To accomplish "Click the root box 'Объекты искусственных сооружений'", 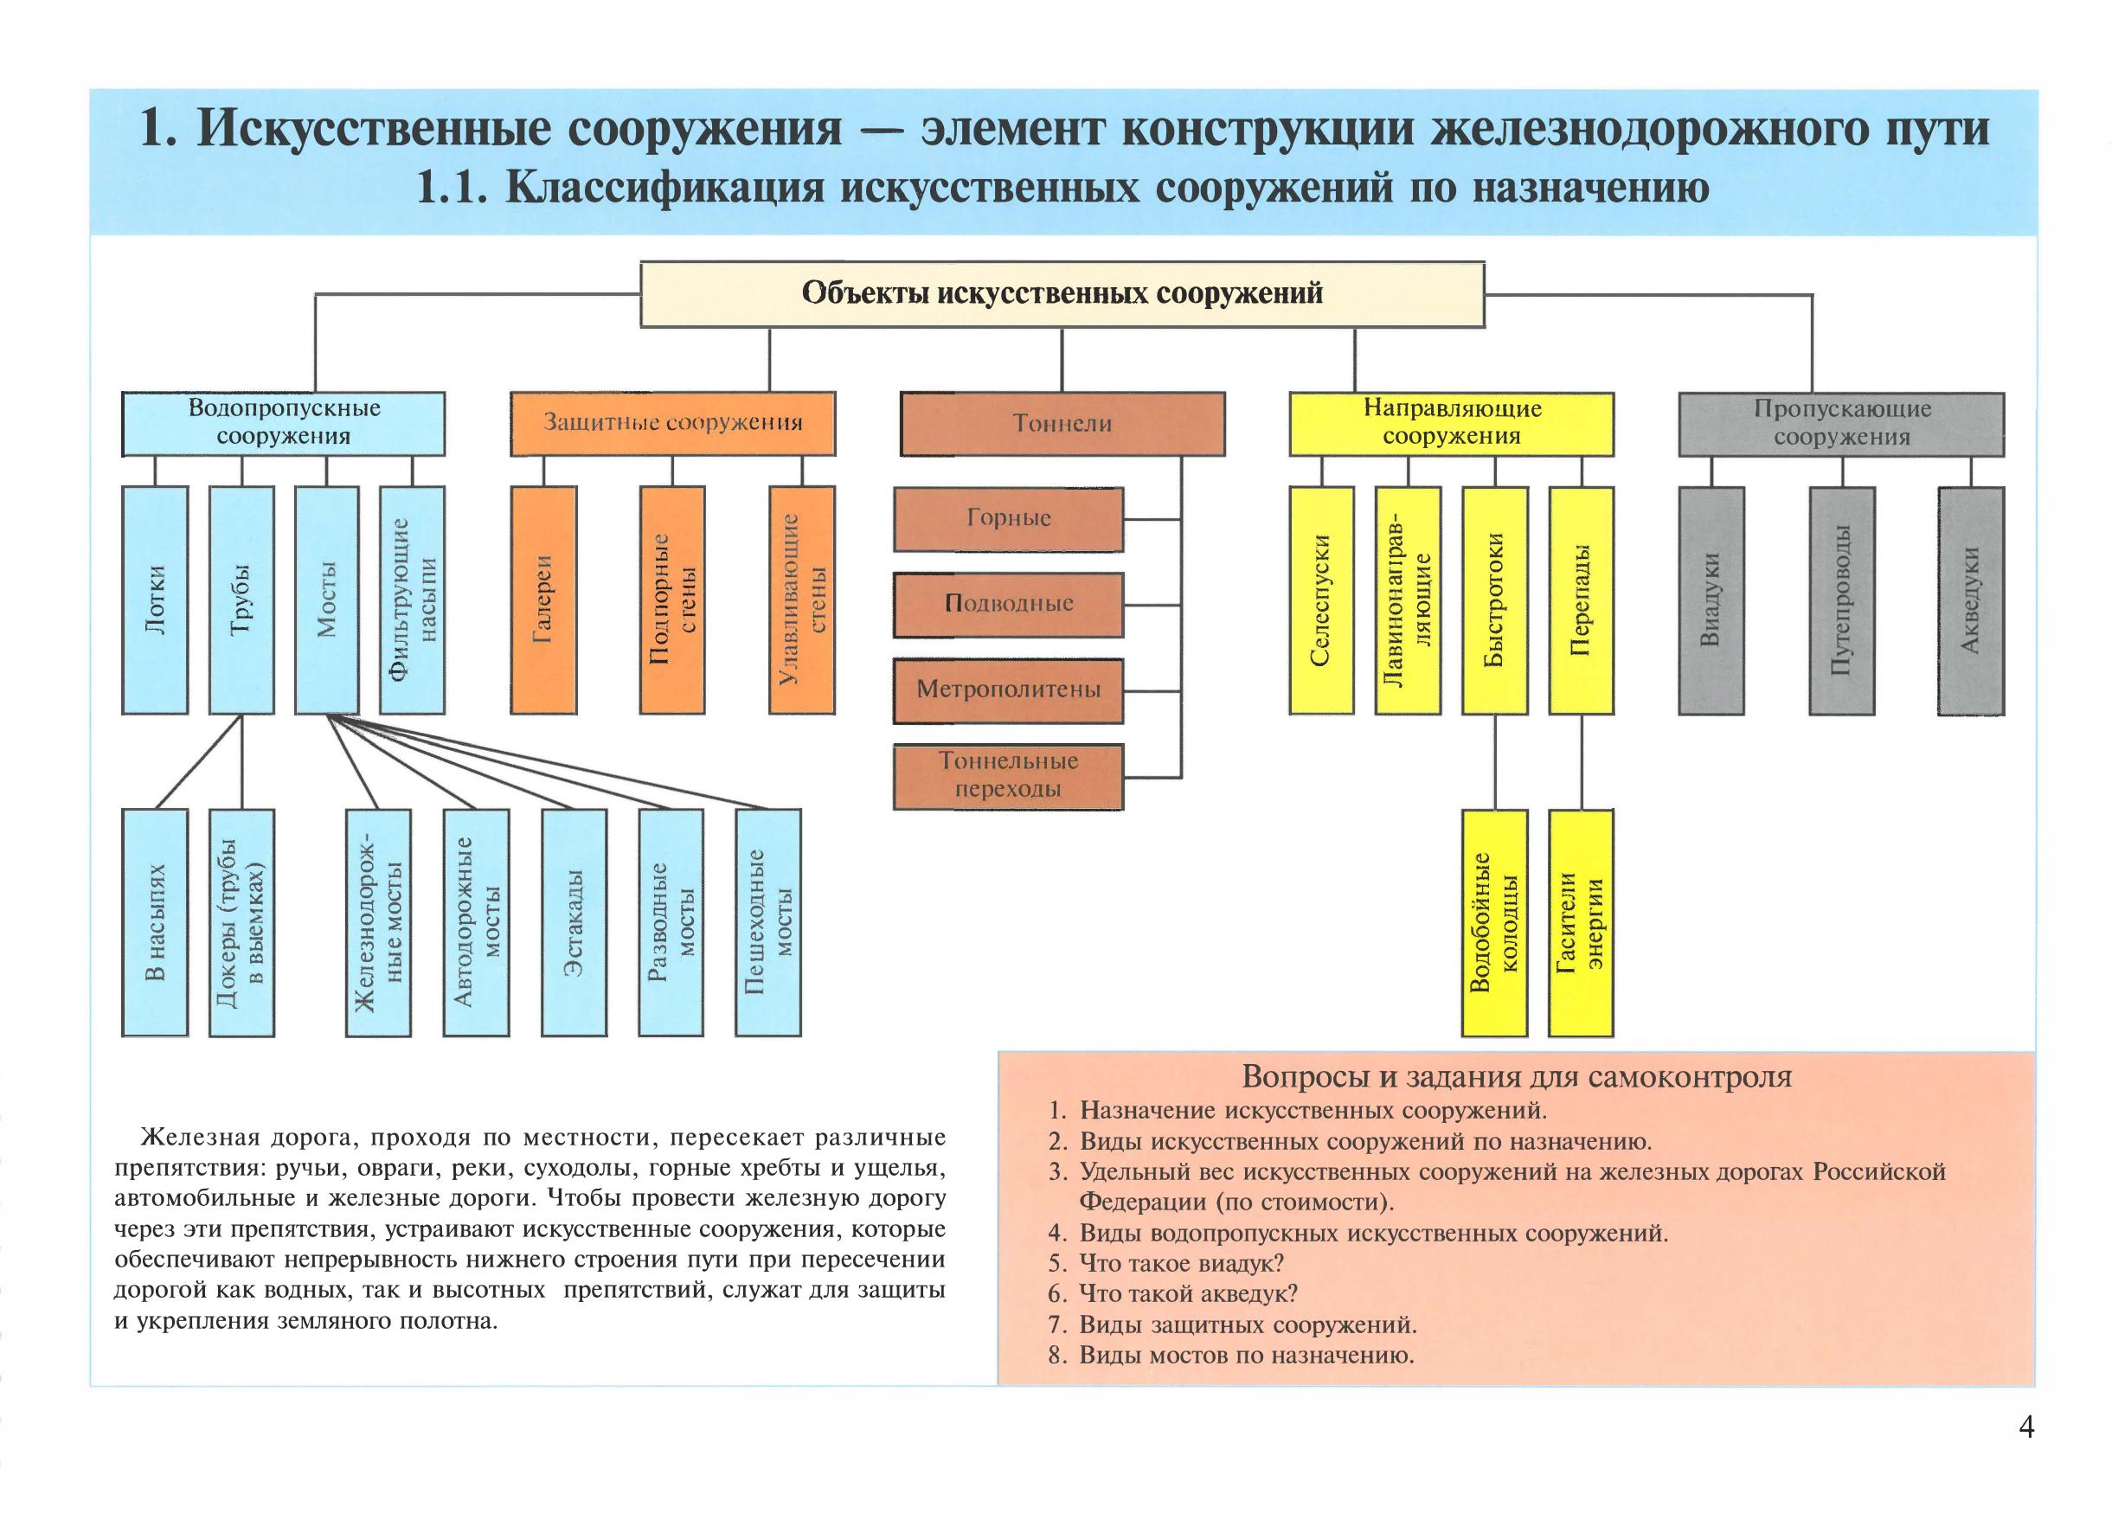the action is coord(1062,294).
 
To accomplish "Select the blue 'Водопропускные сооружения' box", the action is coord(283,423).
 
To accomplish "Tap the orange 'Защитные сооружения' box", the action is coord(672,423).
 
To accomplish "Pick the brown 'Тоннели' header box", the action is coord(1062,423).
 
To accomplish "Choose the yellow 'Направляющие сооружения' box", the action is coord(1451,423).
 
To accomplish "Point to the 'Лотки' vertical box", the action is coord(155,600).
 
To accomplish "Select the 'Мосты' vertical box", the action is coord(327,600).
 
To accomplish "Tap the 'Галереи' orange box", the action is coord(543,600).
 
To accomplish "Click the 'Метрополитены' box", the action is coord(1009,691).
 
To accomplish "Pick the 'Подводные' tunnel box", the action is coord(1009,604).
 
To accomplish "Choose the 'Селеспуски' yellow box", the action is coord(1321,600).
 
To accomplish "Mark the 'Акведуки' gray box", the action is coord(1970,600).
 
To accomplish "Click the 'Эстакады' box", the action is coord(574,922).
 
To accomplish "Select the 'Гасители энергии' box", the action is coord(1581,922).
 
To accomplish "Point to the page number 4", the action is coord(2025,1453).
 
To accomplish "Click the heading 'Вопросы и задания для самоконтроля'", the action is coord(1517,1077).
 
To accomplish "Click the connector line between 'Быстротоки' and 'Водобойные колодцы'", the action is coord(1495,762).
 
